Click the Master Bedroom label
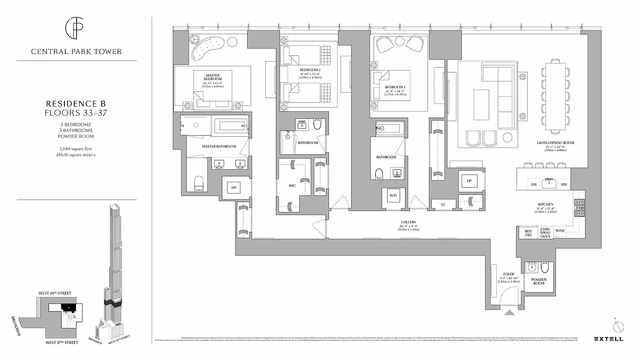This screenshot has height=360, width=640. coord(213,77)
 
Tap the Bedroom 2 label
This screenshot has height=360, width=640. coord(310,70)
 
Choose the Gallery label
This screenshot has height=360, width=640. coord(409,222)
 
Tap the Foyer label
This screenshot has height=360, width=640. coord(509,274)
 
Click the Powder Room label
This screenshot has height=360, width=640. coord(539,281)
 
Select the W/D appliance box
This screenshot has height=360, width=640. coord(393,196)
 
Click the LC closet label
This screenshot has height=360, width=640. coord(443,205)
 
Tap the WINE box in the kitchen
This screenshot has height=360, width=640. coord(560,231)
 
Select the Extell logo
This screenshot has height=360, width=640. coord(609,339)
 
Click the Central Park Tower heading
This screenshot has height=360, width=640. coord(77,51)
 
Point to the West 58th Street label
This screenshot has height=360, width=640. coord(55,293)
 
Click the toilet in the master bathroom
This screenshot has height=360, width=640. coord(199,182)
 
